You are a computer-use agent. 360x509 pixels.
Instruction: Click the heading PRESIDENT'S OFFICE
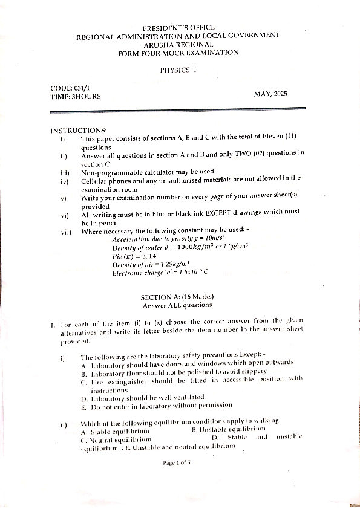(178, 28)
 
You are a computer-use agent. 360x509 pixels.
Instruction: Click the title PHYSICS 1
(178, 70)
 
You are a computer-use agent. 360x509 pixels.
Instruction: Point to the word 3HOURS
(86, 96)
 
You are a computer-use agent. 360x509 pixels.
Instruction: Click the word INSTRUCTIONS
(79, 131)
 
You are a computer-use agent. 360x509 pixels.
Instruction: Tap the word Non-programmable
(109, 172)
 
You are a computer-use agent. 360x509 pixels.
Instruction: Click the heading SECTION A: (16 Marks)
(177, 297)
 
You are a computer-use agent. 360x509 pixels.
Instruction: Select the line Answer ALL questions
(177, 305)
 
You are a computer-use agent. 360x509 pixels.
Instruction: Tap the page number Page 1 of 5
(177, 463)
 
